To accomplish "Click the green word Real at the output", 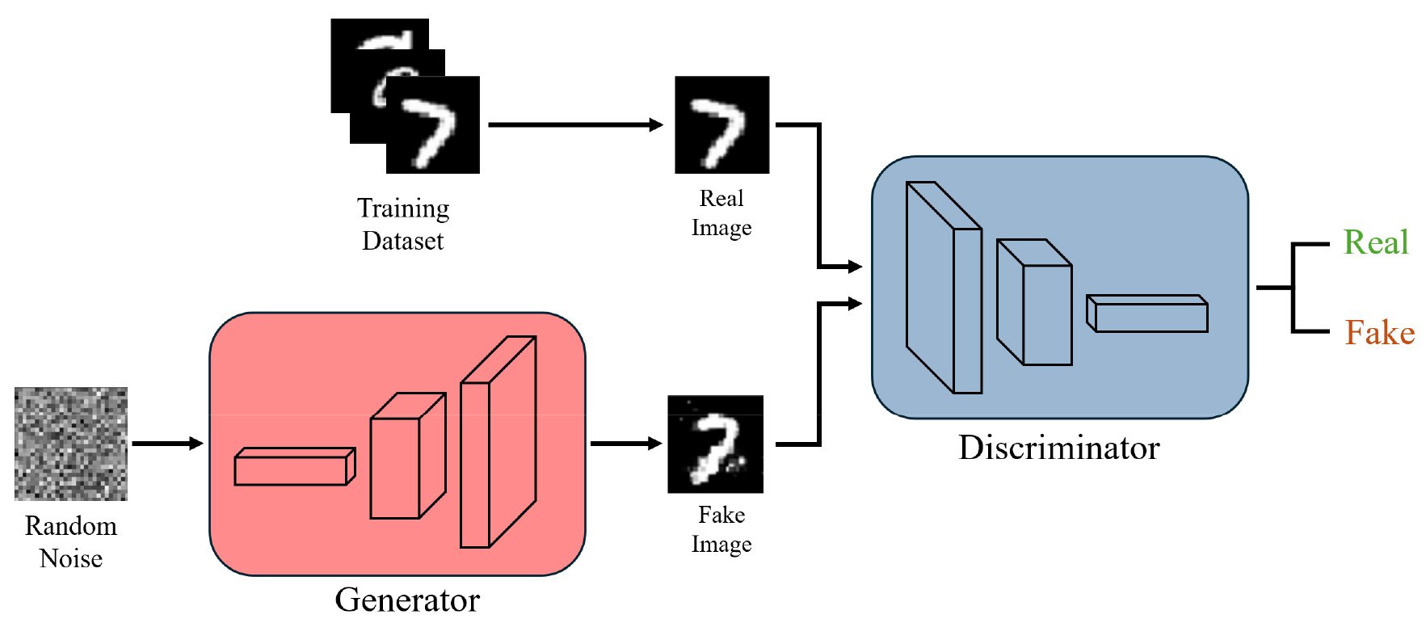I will click(1375, 242).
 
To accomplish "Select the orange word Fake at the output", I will click(1379, 333).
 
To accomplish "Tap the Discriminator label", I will click(1058, 448).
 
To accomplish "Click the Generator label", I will click(407, 600).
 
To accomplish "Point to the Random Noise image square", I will click(71, 444).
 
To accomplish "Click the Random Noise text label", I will click(71, 541).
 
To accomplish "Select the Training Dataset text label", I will click(403, 224).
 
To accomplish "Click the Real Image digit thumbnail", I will click(721, 124).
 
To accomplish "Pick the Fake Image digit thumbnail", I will click(715, 444).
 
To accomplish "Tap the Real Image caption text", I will click(721, 213).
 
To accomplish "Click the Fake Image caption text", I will click(721, 529).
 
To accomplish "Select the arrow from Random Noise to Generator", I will click(167, 443).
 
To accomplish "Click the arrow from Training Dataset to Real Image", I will click(575, 124).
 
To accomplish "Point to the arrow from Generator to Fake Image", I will click(626, 443).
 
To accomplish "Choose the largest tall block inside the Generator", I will click(498, 443).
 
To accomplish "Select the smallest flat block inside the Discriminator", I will click(1147, 314).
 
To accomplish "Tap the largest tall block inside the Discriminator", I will click(944, 288).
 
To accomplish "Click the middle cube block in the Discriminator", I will click(1035, 302).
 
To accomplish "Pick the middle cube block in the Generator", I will click(407, 457).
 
